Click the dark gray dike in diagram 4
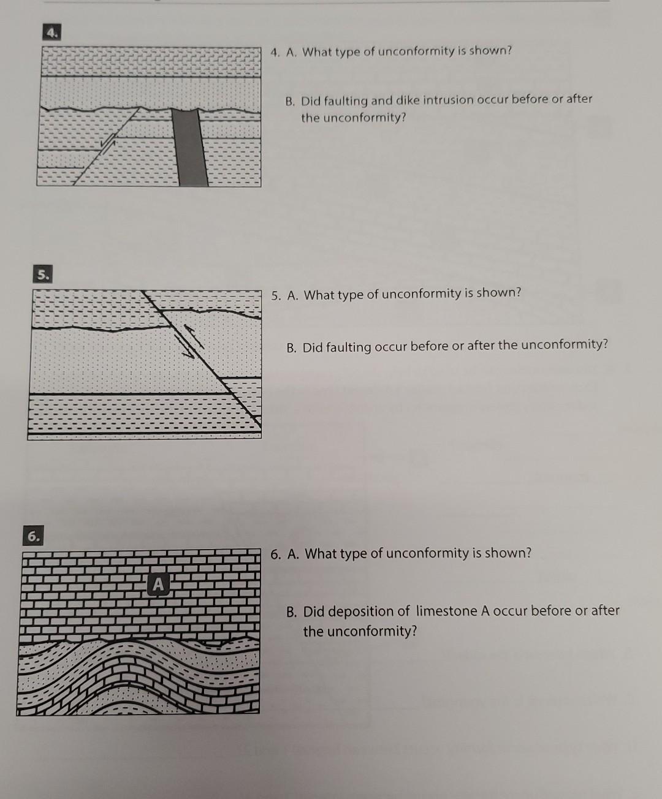[x=191, y=147]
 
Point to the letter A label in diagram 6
[x=158, y=585]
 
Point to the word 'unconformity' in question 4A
[x=414, y=51]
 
